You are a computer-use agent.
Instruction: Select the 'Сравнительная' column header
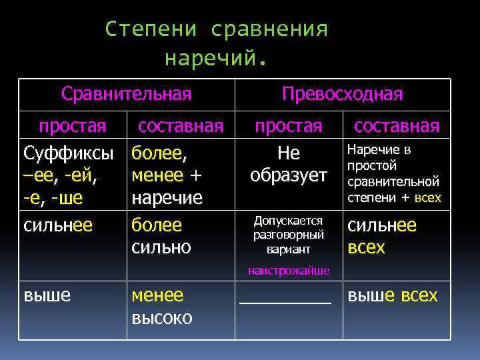(x=126, y=94)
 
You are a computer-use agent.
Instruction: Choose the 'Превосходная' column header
(x=342, y=94)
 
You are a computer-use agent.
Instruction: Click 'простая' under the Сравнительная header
(x=72, y=125)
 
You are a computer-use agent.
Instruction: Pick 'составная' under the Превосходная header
(x=396, y=125)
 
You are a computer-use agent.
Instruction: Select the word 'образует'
(x=289, y=175)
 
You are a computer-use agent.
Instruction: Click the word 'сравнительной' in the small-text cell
(x=393, y=181)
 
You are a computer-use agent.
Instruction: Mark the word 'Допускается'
(x=289, y=220)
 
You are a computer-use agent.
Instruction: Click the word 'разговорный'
(x=289, y=234)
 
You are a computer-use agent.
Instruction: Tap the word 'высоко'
(x=161, y=317)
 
